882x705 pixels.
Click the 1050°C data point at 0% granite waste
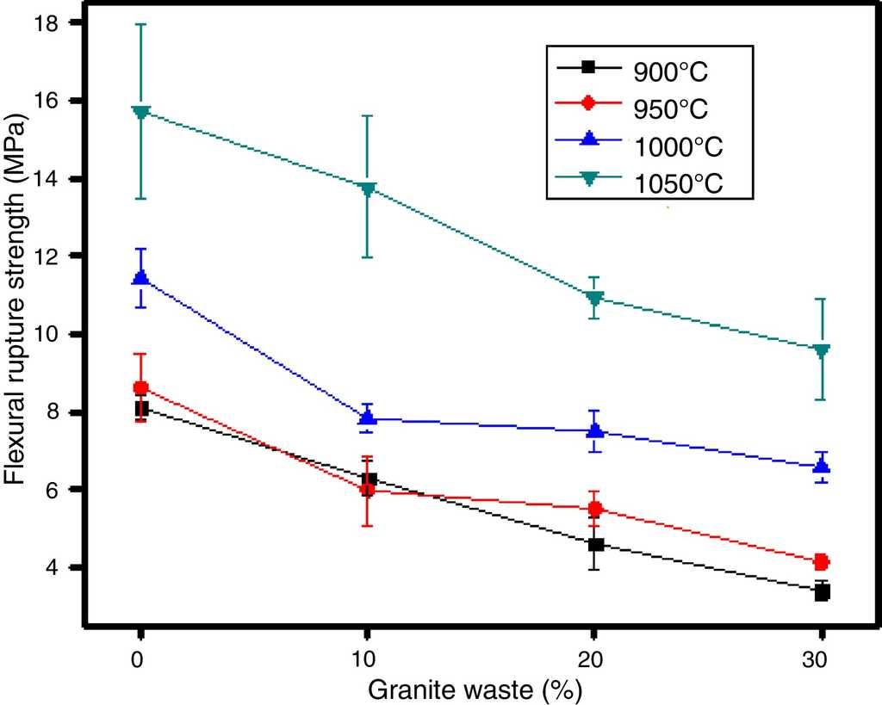point(140,112)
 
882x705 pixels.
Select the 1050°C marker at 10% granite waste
point(368,189)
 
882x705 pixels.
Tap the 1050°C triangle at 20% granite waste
point(594,299)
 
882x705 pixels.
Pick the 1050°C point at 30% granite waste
point(821,349)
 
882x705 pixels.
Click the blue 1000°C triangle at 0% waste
point(140,277)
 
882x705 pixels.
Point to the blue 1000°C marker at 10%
point(368,418)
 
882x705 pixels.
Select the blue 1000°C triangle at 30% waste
point(821,466)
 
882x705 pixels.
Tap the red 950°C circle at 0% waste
point(140,388)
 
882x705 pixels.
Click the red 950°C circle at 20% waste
point(594,509)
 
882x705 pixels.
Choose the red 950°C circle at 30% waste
point(821,562)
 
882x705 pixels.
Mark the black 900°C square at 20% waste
point(594,544)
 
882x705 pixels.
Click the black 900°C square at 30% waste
point(821,591)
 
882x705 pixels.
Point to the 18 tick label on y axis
point(47,23)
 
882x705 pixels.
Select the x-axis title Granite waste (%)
point(480,690)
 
